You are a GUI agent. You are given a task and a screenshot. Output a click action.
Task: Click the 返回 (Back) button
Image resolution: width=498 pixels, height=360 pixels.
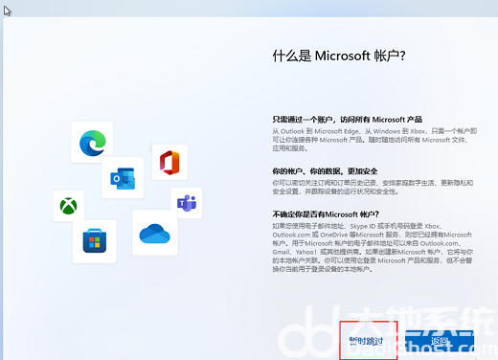[x=440, y=341]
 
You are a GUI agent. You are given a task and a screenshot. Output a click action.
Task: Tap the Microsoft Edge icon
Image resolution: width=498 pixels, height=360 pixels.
[x=92, y=142]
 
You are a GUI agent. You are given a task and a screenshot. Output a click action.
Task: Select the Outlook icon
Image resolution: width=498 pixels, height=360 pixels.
[x=123, y=178]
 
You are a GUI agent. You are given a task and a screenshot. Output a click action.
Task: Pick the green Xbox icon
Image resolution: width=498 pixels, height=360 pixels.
[x=69, y=206]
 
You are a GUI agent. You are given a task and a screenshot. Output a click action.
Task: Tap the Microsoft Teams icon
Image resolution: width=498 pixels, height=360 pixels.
[x=186, y=203]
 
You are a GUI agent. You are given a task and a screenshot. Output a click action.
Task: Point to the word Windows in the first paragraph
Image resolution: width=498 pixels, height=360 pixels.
[x=383, y=130]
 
